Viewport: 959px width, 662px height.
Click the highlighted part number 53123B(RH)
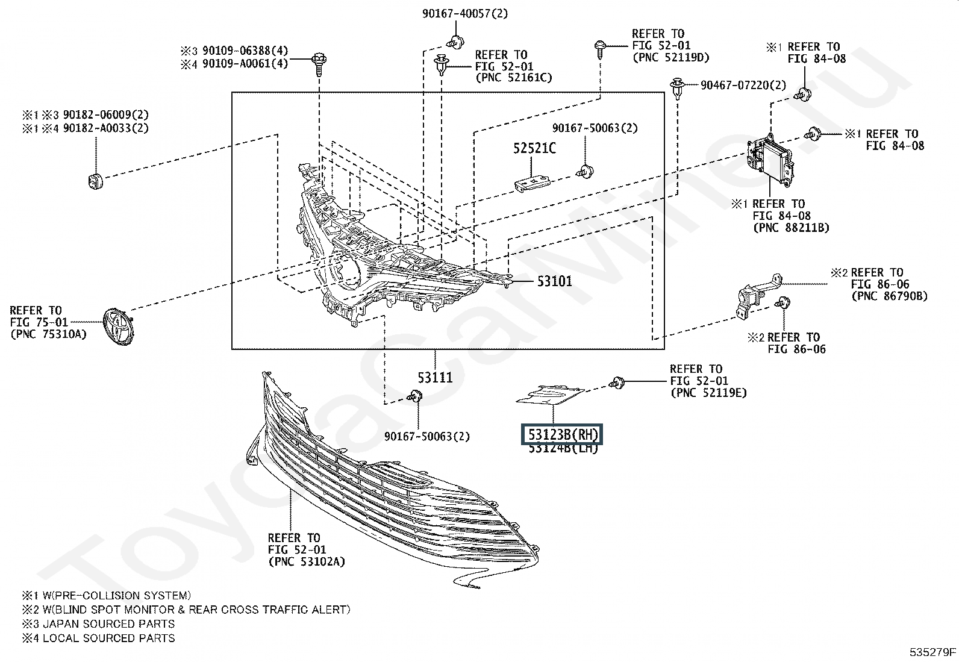(x=561, y=434)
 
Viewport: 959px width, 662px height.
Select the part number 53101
(x=555, y=281)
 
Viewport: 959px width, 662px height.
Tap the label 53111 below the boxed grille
(x=435, y=378)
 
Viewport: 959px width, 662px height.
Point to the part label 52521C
(x=534, y=148)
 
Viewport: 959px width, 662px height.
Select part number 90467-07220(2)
(x=743, y=86)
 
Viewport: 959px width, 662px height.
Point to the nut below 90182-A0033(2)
(x=94, y=180)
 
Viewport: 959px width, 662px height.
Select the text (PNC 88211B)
(x=791, y=228)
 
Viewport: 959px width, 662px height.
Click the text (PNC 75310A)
(x=49, y=334)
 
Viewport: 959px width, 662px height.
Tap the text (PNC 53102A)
(x=307, y=562)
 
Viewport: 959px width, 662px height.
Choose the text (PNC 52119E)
(x=708, y=393)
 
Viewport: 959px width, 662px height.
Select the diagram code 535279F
(x=932, y=652)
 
